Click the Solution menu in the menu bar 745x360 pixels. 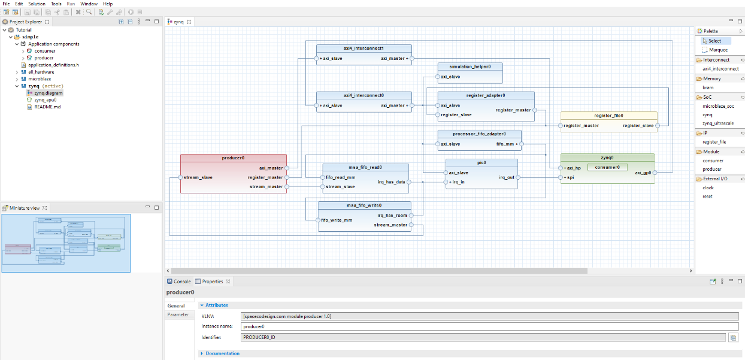click(37, 4)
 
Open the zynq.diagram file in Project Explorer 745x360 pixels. click(48, 93)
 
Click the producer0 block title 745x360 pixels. click(233, 158)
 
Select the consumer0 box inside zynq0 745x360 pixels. click(607, 167)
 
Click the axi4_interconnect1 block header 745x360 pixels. click(364, 49)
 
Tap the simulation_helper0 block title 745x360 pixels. click(470, 66)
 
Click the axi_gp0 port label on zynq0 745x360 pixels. click(643, 173)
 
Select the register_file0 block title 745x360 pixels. click(608, 115)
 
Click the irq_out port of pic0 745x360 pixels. click(507, 177)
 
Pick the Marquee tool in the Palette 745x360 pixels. click(718, 50)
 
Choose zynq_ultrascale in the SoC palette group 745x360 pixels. click(718, 123)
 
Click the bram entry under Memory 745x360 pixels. click(708, 87)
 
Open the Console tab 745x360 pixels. click(181, 282)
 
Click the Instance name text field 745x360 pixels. click(489, 326)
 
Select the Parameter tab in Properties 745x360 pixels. click(178, 314)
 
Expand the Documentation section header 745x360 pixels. click(222, 353)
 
